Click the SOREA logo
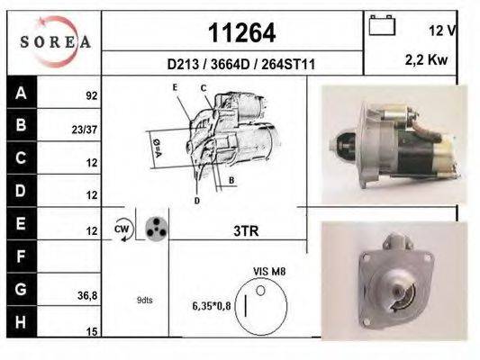55,41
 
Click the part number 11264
242,33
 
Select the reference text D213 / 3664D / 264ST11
241,64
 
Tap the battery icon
382,25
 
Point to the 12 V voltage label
443,31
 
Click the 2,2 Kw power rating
426,60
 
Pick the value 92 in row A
92,96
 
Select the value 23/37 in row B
85,130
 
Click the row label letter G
21,289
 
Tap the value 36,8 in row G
87,296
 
